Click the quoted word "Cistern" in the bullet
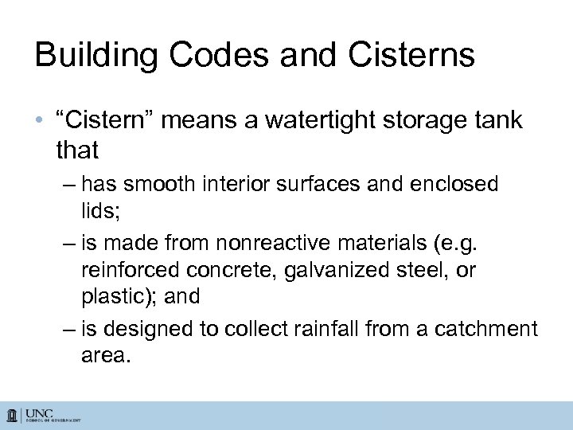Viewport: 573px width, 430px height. tap(112, 121)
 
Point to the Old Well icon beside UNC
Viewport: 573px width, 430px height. tap(13, 416)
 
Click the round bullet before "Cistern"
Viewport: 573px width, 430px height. tap(41, 123)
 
